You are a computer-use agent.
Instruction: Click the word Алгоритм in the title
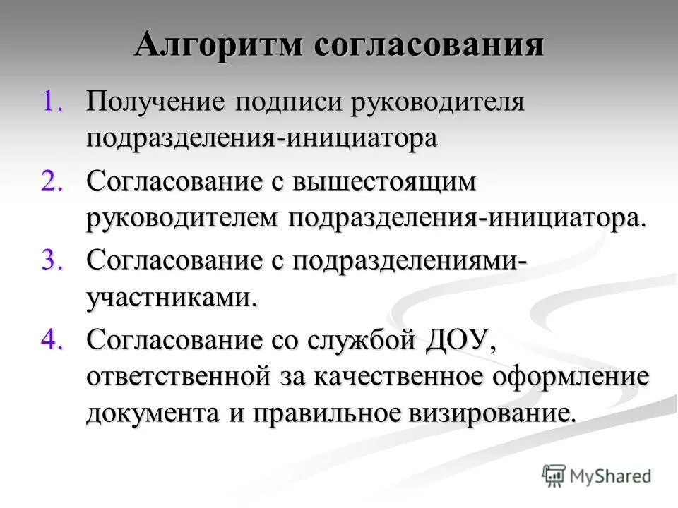pos(216,45)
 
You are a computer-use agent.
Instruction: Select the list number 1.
pos(54,101)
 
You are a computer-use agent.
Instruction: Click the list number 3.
pos(54,260)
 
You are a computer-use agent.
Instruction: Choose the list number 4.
pos(54,339)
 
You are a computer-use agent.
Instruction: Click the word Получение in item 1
pos(155,102)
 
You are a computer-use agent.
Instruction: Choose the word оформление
pos(579,377)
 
